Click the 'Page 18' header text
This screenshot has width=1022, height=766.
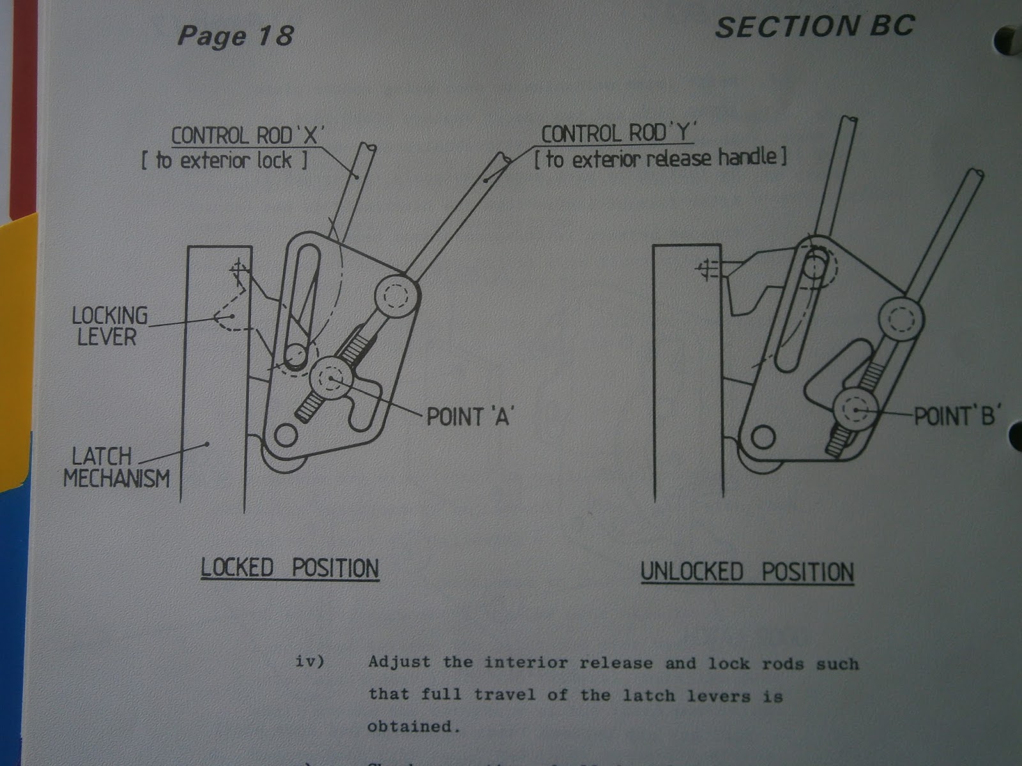click(235, 35)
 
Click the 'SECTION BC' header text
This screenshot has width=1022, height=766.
click(814, 27)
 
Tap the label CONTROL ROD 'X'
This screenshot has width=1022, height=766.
click(248, 135)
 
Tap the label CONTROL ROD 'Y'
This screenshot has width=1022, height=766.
click(617, 133)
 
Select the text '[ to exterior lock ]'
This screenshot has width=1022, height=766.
click(224, 160)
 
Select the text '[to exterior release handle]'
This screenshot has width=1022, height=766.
click(660, 158)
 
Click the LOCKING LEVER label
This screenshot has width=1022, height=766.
click(109, 326)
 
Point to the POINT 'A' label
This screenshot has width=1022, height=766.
click(470, 417)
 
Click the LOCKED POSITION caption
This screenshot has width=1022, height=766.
click(290, 567)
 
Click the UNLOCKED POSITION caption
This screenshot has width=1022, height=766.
click(747, 572)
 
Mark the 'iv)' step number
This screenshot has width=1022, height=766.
click(310, 661)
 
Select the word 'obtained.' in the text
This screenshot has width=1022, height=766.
click(413, 726)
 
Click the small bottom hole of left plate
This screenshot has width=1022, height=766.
click(286, 435)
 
